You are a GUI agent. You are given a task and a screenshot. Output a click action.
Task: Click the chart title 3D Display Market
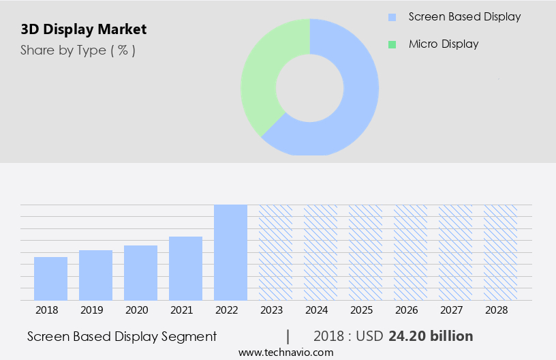(84, 29)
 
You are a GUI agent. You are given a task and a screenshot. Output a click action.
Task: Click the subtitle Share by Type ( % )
(78, 50)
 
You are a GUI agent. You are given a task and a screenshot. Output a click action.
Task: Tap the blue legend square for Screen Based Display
(392, 17)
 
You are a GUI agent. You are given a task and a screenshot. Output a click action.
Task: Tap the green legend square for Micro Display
(392, 44)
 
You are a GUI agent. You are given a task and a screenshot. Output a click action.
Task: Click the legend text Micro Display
(444, 44)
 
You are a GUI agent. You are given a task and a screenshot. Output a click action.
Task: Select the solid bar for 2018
(50, 278)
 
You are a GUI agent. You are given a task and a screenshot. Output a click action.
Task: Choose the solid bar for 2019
(95, 275)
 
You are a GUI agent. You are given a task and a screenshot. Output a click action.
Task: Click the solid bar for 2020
(140, 272)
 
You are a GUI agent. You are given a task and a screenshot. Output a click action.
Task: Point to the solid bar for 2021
(185, 268)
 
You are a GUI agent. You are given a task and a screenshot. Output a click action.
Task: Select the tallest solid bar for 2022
(230, 252)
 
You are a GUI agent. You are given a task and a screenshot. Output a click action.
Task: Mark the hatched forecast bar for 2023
(275, 252)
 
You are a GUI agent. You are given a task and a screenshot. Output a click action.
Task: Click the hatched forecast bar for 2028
(500, 252)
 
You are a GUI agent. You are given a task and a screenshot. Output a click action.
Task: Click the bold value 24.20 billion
(431, 336)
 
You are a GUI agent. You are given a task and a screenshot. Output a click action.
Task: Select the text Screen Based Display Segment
(122, 336)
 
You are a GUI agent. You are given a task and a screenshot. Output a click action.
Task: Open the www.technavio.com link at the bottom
(286, 352)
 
